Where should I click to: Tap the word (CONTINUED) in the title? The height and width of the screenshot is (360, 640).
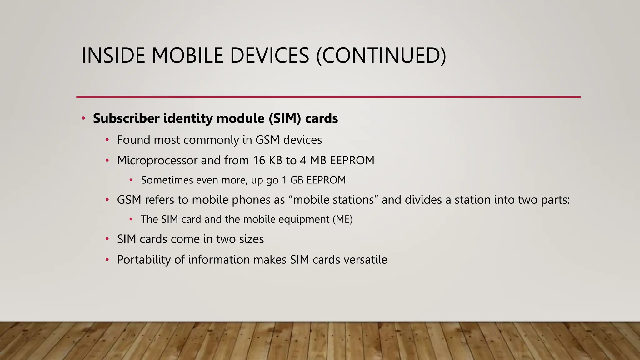[381, 56]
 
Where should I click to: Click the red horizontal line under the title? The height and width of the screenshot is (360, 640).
[328, 97]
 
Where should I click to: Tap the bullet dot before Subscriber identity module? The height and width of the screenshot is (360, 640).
[83, 118]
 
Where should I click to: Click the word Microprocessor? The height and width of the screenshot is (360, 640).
[157, 160]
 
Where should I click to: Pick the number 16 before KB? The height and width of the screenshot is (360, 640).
[259, 160]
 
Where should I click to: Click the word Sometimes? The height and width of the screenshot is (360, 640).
[167, 180]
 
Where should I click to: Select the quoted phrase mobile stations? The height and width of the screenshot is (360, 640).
[333, 200]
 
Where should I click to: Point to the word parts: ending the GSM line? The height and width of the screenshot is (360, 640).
[555, 200]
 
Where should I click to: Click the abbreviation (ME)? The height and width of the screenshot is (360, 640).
[342, 219]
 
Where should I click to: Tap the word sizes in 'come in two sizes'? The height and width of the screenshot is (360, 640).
[251, 239]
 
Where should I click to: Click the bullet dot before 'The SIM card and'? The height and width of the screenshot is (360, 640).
[131, 219]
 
